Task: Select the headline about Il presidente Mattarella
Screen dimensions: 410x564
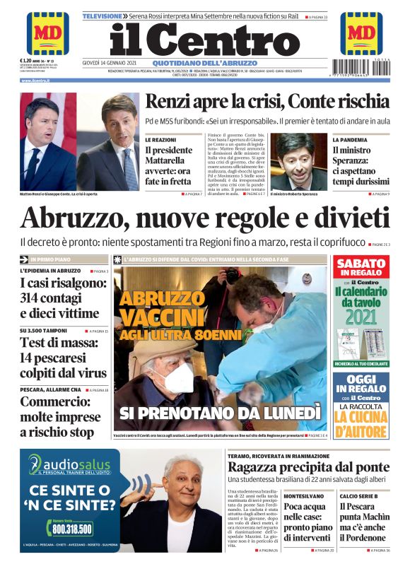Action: click(x=168, y=165)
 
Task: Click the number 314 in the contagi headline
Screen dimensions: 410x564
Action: click(x=33, y=298)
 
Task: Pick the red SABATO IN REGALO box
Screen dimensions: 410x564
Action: click(x=361, y=268)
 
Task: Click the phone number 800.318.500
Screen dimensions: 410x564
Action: click(x=71, y=528)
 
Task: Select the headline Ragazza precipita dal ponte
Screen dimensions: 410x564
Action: click(x=307, y=467)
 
